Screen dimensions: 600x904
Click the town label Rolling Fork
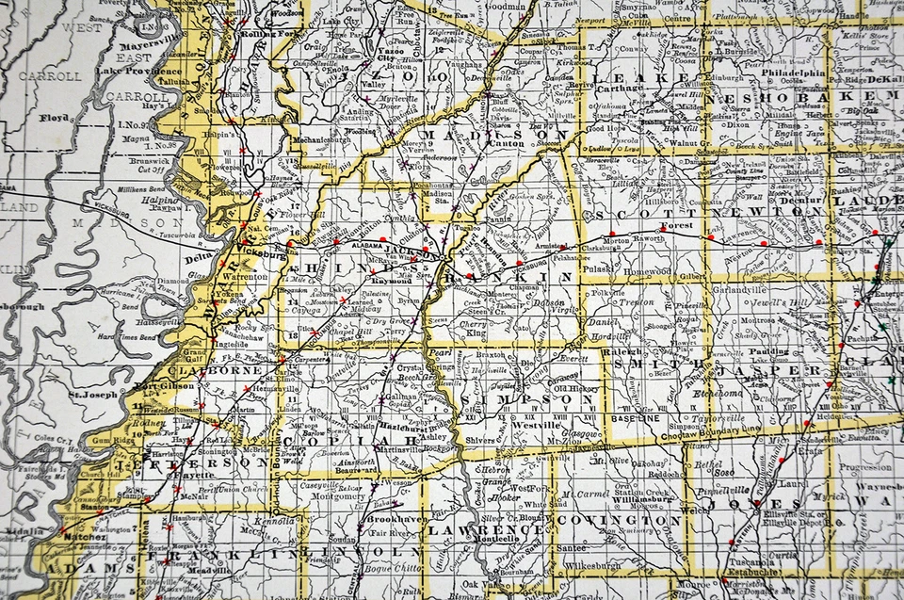point(266,36)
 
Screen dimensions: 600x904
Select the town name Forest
point(676,226)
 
